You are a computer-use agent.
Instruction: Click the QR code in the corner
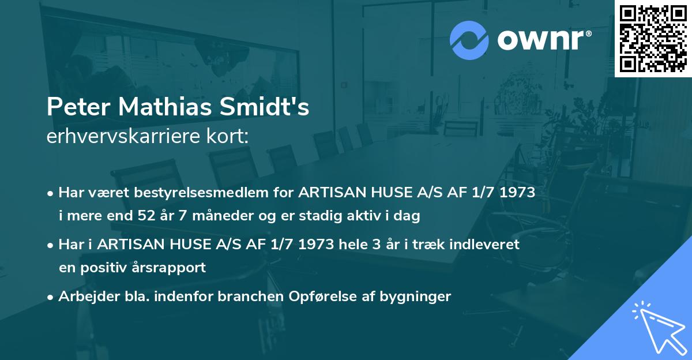pos(653,39)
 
